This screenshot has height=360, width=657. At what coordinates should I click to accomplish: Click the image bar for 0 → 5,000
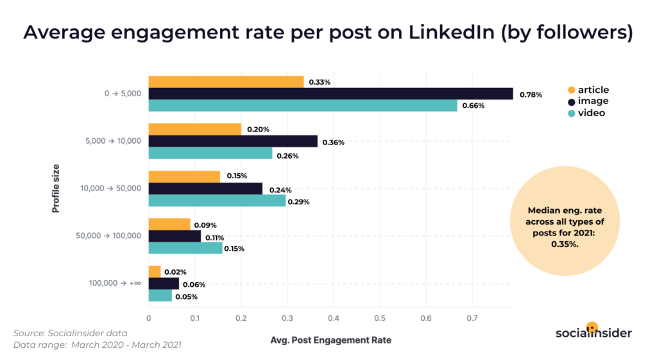point(330,94)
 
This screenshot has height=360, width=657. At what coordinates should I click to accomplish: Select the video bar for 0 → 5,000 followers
point(303,106)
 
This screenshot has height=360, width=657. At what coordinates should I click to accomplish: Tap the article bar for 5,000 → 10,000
point(195,130)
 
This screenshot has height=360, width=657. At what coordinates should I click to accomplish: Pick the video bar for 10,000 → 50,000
point(217,201)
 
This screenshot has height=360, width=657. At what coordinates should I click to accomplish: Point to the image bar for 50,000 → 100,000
point(175,237)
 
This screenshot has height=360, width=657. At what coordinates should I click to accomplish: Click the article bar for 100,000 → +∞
point(155,272)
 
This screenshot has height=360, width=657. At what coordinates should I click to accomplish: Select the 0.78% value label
point(531,94)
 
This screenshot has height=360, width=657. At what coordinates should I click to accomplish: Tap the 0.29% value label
point(298,201)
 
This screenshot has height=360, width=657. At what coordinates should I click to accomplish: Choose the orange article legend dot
point(571,90)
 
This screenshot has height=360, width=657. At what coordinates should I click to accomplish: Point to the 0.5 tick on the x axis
point(380,318)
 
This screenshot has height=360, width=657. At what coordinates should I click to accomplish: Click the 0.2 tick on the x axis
point(241,318)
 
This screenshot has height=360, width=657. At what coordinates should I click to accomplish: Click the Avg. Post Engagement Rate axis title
point(330,340)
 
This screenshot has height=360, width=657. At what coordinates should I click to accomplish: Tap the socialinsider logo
point(593,332)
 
